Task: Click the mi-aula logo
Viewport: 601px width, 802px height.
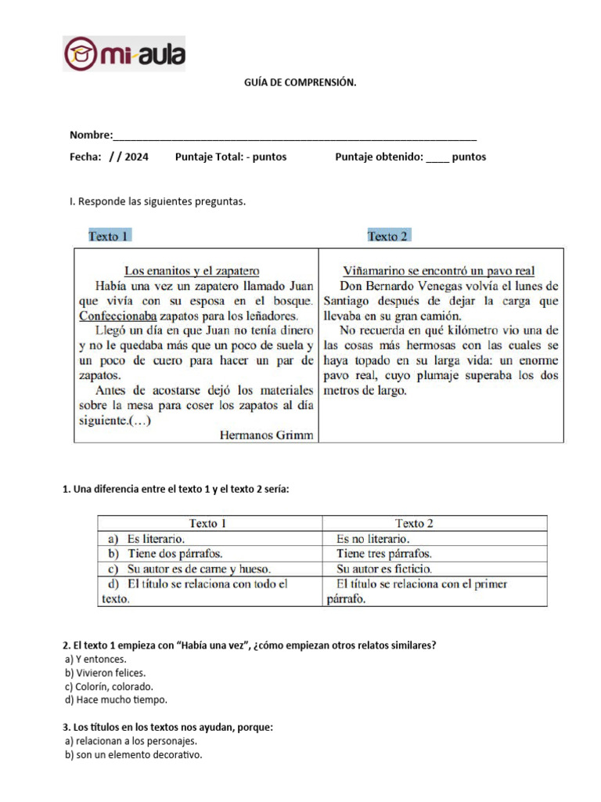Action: pos(124,53)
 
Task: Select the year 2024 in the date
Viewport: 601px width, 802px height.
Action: pos(135,157)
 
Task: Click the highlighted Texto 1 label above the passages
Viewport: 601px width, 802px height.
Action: pos(109,236)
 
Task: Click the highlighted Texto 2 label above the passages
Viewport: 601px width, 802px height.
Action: pos(388,236)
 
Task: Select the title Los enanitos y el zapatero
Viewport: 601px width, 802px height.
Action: pos(192,271)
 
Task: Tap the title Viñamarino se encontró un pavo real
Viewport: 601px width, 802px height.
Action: pos(439,271)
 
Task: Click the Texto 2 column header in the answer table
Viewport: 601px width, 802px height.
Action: pos(414,523)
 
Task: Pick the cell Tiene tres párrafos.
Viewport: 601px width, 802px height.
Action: pos(383,554)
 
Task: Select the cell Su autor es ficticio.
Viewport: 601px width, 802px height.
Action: pos(383,569)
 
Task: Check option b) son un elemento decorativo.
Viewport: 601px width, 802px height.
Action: pos(134,755)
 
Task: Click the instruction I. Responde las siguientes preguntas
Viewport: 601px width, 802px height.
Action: pos(157,202)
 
